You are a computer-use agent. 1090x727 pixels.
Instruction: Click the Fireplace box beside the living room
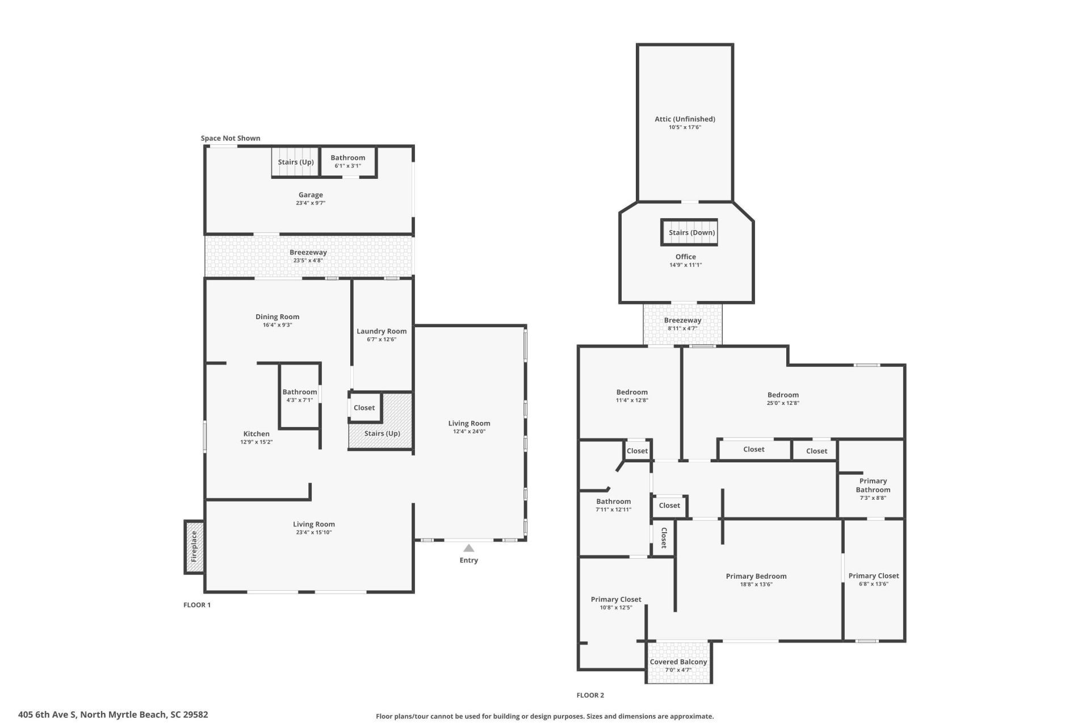pos(194,546)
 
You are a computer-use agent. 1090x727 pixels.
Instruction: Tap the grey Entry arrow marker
pos(468,548)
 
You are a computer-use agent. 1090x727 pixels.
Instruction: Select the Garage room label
pos(311,195)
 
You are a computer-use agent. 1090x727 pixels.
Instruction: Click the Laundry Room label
pos(381,331)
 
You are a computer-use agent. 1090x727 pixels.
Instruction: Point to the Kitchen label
pos(257,434)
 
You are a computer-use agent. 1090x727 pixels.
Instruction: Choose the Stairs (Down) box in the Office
pos(689,232)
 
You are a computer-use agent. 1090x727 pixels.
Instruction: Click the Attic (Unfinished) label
pos(685,119)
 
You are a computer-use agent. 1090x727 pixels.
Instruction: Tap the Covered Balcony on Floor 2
pos(678,662)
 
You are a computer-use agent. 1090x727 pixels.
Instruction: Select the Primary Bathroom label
pos(873,485)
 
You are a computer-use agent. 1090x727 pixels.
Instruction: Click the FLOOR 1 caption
pos(197,605)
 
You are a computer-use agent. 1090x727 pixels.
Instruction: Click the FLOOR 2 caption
pos(590,695)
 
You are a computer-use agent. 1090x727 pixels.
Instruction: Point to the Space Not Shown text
pos(230,138)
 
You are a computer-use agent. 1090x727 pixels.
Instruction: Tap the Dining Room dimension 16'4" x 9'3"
pos(277,325)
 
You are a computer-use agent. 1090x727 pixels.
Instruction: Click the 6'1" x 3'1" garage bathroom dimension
pos(348,166)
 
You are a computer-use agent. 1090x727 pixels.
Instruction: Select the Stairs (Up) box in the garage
pos(296,162)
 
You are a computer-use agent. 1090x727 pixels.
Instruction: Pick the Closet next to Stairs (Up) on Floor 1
pos(364,407)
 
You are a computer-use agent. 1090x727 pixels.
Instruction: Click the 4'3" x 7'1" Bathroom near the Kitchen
pos(300,396)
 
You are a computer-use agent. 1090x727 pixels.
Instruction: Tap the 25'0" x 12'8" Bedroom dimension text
pos(783,403)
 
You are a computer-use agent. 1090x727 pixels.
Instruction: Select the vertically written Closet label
pos(664,537)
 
